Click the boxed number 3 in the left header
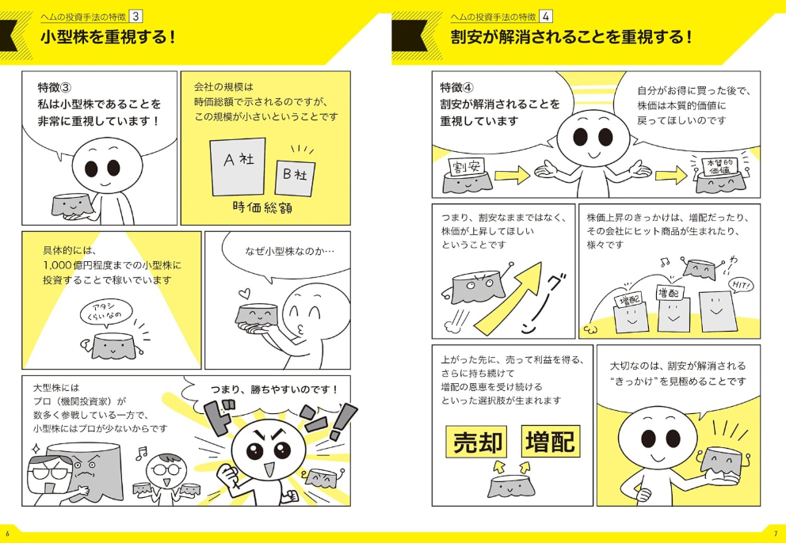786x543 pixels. click(x=135, y=17)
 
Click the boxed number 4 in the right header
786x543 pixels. click(x=546, y=17)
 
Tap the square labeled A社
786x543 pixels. click(x=238, y=166)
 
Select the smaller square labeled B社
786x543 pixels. click(x=296, y=177)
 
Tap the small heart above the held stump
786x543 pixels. click(x=242, y=292)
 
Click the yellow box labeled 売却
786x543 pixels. click(x=477, y=442)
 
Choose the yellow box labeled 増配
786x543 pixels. click(x=551, y=442)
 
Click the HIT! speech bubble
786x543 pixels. click(x=743, y=286)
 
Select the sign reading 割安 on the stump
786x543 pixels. click(x=465, y=167)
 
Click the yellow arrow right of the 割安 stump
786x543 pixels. click(x=512, y=175)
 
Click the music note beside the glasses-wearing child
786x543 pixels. click(x=142, y=453)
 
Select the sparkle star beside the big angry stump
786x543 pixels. click(x=36, y=447)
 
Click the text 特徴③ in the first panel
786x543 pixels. click(x=55, y=88)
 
